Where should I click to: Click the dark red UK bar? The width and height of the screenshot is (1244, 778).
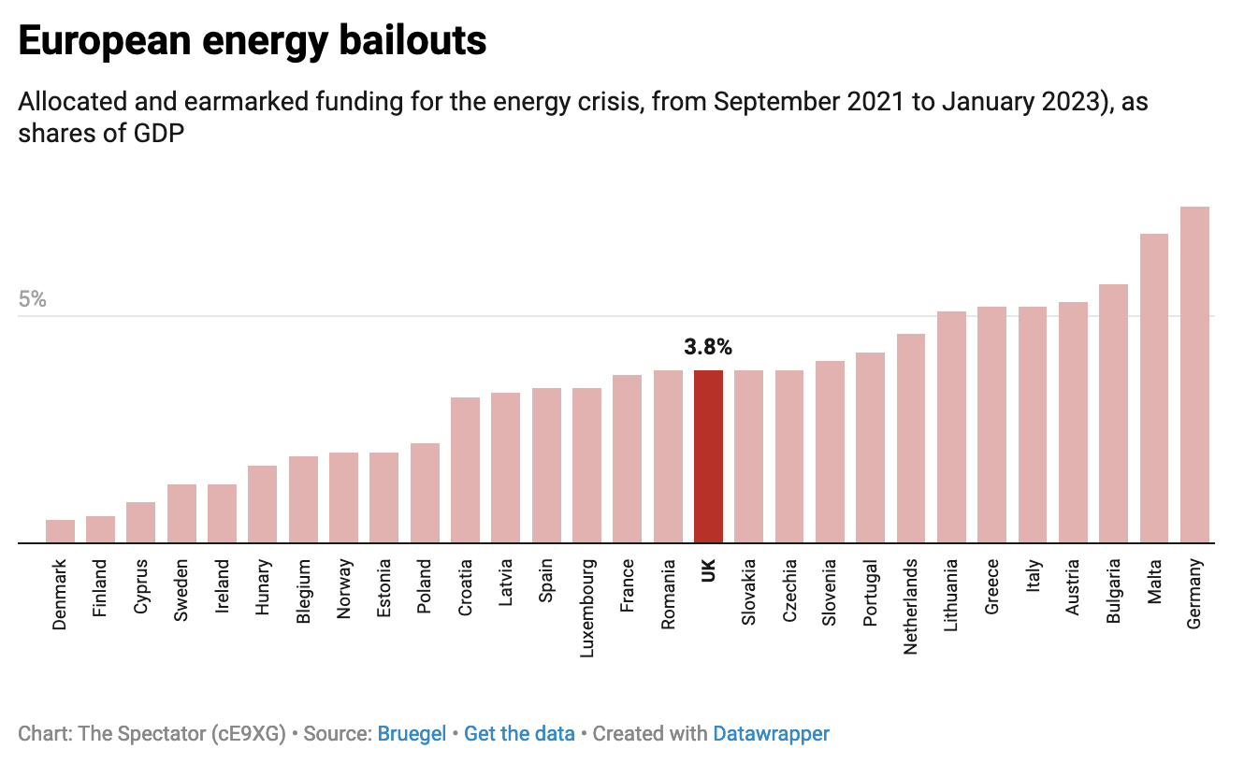tap(708, 456)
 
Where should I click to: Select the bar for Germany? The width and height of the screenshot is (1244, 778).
tap(1194, 374)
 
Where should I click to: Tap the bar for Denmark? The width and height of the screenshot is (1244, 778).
tap(61, 531)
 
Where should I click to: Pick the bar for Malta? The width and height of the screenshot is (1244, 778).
tap(1154, 388)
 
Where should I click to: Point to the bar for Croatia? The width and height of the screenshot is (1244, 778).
tap(465, 470)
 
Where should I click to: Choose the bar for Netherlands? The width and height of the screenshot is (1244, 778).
tap(911, 439)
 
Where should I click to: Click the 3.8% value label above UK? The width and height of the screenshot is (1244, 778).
tap(708, 348)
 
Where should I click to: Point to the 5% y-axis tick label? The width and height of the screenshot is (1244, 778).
tap(32, 299)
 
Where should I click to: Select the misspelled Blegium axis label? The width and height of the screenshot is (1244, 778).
tap(303, 592)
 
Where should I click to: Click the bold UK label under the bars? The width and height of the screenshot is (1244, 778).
tap(708, 570)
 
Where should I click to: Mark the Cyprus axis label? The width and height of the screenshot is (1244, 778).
tap(141, 586)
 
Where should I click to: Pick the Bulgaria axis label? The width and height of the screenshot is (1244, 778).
tap(1114, 591)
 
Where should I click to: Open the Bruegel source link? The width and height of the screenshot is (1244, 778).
tap(412, 734)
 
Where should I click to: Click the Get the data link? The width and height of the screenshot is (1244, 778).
tap(519, 734)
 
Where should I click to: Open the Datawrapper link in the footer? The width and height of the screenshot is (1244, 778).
tap(771, 734)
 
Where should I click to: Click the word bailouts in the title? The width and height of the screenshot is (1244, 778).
tap(408, 41)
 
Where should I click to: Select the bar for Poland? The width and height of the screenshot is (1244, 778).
tap(425, 493)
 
